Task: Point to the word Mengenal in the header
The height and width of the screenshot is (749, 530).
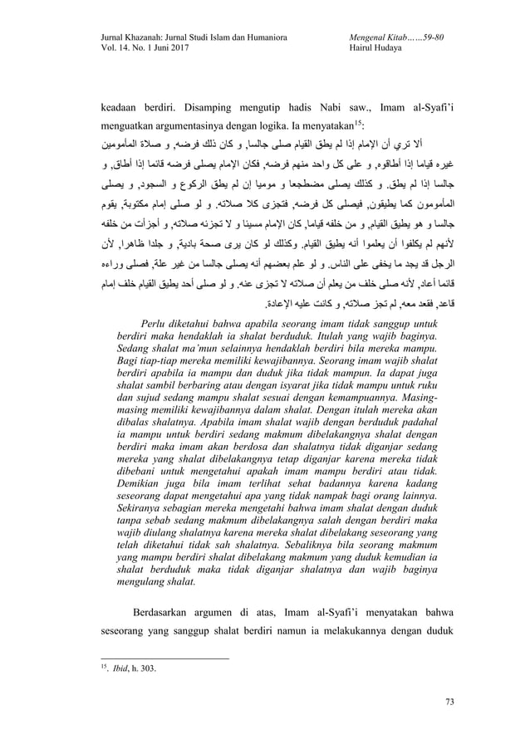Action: pyautogui.click(x=362, y=37)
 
